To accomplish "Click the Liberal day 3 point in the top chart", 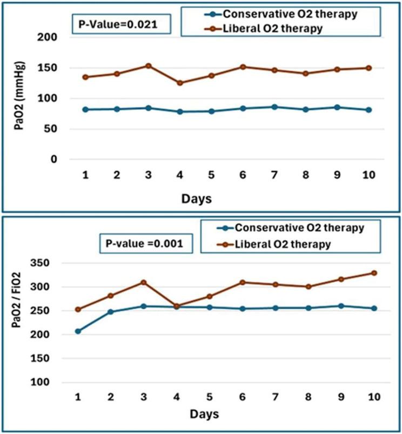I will pyautogui.click(x=148, y=66).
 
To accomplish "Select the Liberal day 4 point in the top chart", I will pyautogui.click(x=180, y=83).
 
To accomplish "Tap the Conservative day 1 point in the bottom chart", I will pyautogui.click(x=78, y=331).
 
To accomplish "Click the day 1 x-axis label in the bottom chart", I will pyautogui.click(x=78, y=397).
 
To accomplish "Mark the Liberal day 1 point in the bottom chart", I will pyautogui.click(x=78, y=310).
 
